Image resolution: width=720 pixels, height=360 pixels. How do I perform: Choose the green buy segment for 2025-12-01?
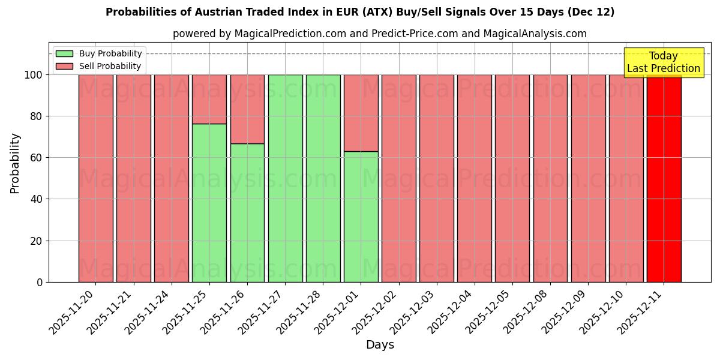tap(361, 217)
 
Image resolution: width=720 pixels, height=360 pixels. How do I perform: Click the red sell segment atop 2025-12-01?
tap(361, 113)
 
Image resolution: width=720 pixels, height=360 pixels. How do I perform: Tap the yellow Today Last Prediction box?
tap(664, 62)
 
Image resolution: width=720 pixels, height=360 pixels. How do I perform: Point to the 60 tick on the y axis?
tap(37, 158)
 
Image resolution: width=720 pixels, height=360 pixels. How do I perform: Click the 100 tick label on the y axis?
tap(34, 75)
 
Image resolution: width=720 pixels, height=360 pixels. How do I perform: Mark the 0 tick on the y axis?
tap(40, 282)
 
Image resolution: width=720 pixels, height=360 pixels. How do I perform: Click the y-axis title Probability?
tap(15, 163)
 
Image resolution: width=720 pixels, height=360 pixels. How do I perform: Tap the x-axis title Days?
tap(380, 345)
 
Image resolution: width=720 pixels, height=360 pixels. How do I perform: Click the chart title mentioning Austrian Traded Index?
tap(360, 12)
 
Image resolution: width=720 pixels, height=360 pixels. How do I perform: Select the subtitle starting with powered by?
tap(380, 34)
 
